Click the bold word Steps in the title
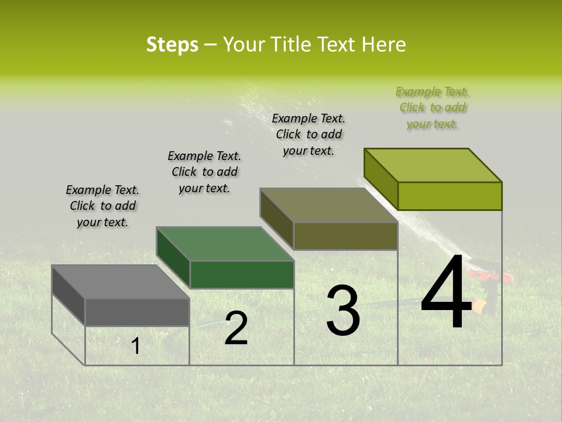(x=172, y=45)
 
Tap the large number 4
(x=446, y=293)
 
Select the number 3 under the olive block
(x=343, y=311)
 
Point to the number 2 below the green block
(x=236, y=329)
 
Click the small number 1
(x=135, y=346)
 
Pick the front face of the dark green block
(x=242, y=274)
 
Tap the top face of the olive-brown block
(x=328, y=206)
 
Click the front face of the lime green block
(x=450, y=196)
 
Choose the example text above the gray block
(x=102, y=206)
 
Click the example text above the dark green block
(x=204, y=172)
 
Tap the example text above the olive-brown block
(x=309, y=134)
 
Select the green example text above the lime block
(x=433, y=107)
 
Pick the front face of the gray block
(x=137, y=312)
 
